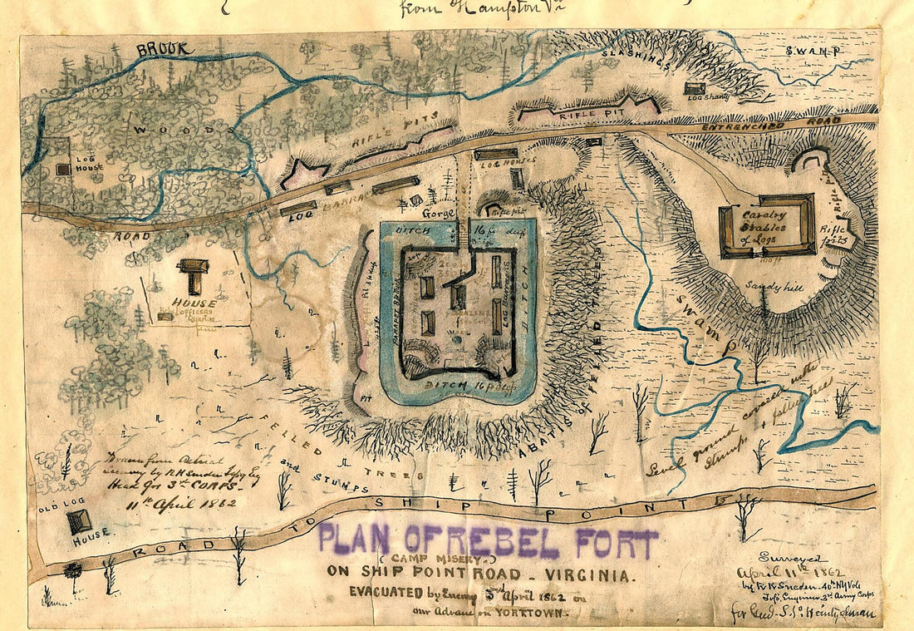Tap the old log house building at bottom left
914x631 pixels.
[79, 521]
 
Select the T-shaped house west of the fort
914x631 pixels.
[193, 274]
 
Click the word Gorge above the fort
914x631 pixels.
[439, 214]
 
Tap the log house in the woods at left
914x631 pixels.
[63, 169]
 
